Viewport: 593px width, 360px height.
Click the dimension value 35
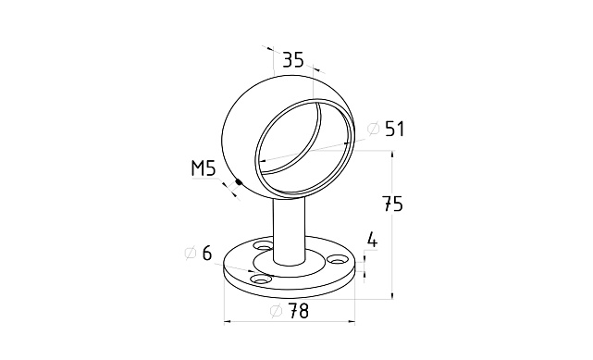tap(293, 60)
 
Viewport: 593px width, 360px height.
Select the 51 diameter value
tap(395, 129)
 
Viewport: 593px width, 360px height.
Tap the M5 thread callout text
tap(204, 168)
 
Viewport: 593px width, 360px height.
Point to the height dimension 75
tap(393, 204)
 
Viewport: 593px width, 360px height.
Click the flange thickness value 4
tap(373, 240)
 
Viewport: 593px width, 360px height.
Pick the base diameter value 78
tap(299, 311)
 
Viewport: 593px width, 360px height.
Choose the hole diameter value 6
tap(207, 253)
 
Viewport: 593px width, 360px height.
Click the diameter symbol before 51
tap(374, 129)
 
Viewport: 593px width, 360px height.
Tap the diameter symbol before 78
tap(277, 311)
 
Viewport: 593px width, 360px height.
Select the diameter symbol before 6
tap(191, 253)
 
